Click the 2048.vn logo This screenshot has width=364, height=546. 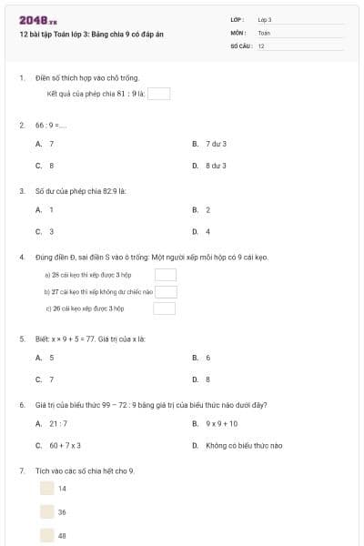(38, 19)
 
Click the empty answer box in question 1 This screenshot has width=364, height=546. (158, 93)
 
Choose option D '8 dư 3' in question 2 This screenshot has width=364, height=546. (216, 166)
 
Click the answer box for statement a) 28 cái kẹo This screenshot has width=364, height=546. (165, 274)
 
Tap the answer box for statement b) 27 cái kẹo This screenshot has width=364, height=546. (165, 291)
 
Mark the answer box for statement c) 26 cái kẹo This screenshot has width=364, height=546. (165, 308)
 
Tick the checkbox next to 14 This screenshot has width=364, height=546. (46, 488)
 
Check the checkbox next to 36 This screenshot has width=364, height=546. (46, 511)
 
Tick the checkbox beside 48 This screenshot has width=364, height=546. (46, 535)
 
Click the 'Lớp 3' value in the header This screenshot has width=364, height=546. (265, 19)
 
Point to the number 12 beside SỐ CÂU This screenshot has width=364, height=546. (261, 45)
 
